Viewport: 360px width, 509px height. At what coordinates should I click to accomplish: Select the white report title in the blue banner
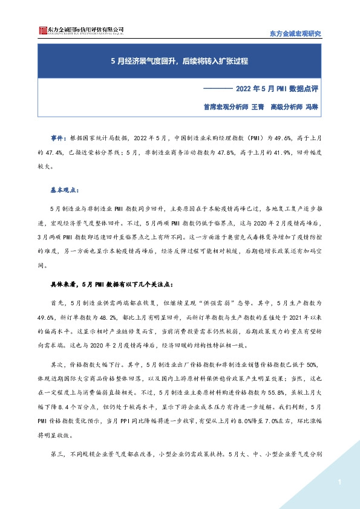(x=180, y=62)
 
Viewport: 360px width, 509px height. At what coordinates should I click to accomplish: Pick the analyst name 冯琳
(x=312, y=106)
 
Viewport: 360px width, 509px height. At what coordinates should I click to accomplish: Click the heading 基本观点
(x=62, y=189)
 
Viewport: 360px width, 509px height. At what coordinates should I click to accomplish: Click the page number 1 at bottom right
(x=339, y=482)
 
